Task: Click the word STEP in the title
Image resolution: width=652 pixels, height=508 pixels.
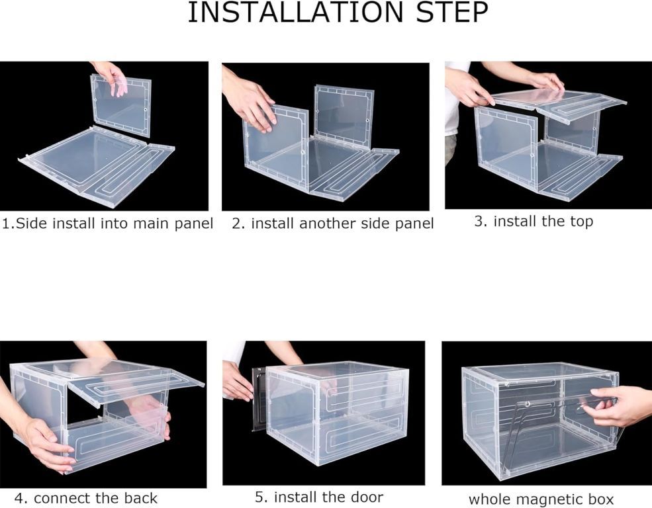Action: pos(452,13)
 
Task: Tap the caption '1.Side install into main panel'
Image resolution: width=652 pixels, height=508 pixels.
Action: pos(108,224)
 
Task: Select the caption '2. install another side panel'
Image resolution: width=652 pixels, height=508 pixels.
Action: pos(333,224)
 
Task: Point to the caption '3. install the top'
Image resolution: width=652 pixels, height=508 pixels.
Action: pos(534,222)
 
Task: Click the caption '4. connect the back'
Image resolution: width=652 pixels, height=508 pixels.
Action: pos(86,498)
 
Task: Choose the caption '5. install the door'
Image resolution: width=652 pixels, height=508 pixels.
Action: pos(319,497)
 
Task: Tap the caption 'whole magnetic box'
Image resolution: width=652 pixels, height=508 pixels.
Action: pos(541,499)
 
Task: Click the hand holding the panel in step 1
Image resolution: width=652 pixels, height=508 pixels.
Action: pos(110,76)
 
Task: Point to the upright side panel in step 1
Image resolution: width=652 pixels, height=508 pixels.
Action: pos(120,106)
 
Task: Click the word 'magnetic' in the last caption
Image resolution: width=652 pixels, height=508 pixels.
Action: pos(549,499)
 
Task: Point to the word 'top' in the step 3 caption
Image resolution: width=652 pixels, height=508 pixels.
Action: pos(581,222)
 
